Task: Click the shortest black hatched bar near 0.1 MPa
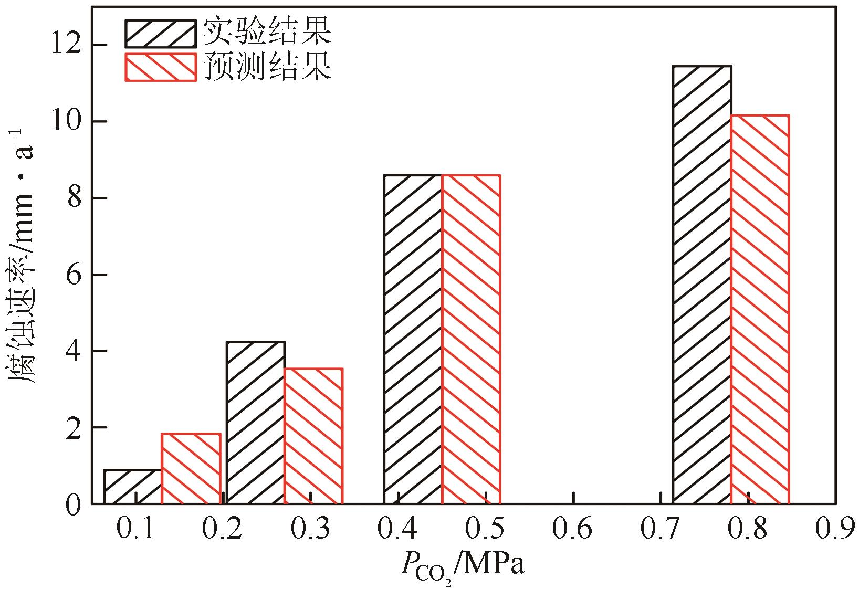click(x=133, y=487)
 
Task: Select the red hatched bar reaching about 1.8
click(x=191, y=468)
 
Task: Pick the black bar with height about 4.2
click(x=255, y=423)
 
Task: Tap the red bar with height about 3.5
click(x=313, y=436)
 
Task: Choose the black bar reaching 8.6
click(x=413, y=339)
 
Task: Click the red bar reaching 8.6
click(x=471, y=339)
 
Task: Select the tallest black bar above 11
click(x=702, y=285)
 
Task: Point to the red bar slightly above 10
click(x=760, y=309)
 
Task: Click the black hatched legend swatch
click(x=160, y=34)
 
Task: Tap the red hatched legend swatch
click(x=160, y=67)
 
